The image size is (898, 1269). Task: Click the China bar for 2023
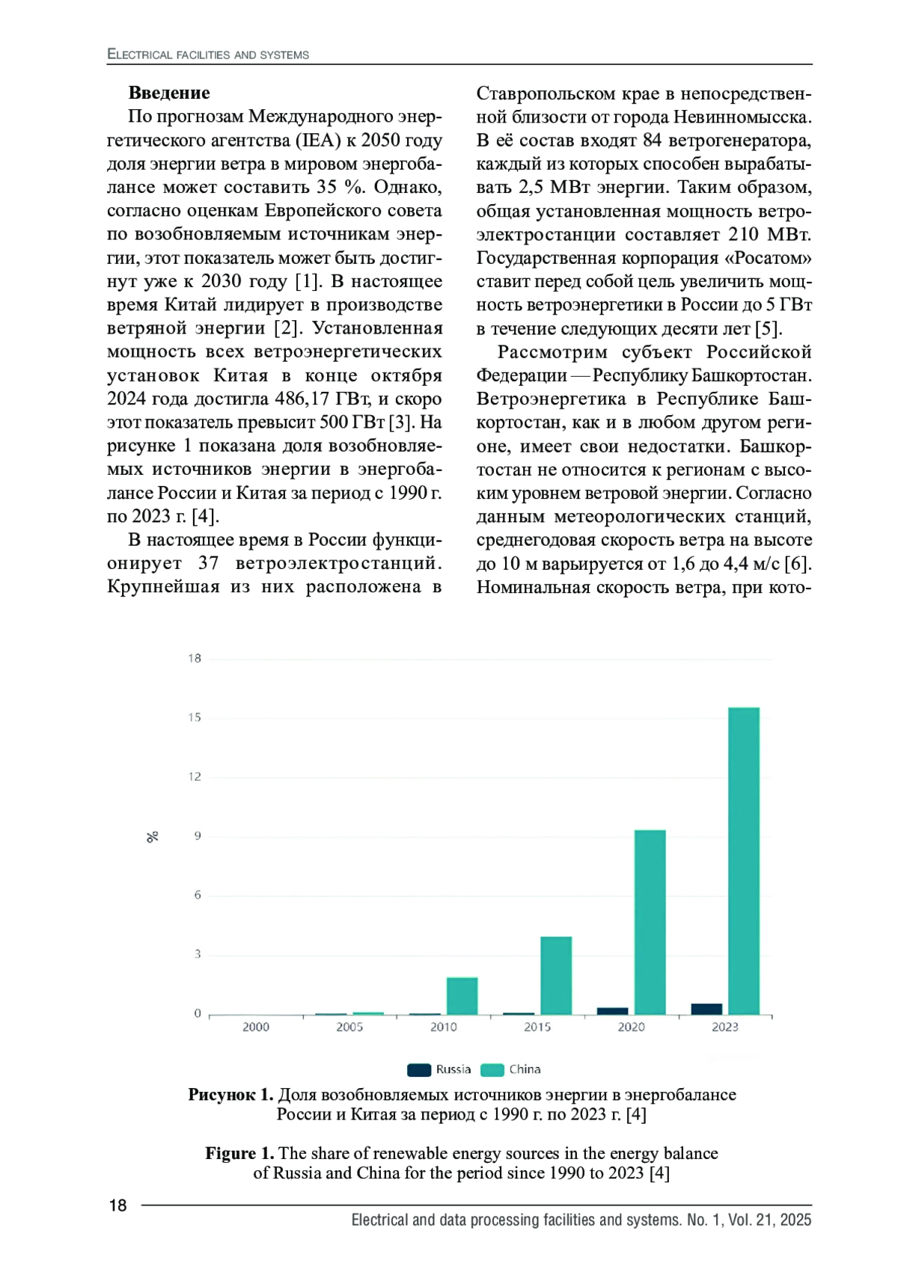click(743, 860)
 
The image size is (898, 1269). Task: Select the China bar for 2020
click(650, 921)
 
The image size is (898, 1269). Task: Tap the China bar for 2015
click(556, 975)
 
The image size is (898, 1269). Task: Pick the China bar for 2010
click(462, 995)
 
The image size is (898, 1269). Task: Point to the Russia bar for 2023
click(706, 1009)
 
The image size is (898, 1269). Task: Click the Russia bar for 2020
click(612, 1011)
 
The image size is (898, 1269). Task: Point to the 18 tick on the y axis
click(195, 659)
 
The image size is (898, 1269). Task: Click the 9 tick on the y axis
click(198, 836)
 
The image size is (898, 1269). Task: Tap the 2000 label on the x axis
click(256, 1027)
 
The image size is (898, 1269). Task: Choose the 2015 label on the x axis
click(537, 1027)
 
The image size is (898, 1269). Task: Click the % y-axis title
click(153, 837)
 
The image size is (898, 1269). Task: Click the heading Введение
click(169, 93)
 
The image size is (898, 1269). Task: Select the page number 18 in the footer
click(118, 1205)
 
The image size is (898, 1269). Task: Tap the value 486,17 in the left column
click(303, 399)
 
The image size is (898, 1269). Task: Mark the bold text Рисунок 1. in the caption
click(230, 1095)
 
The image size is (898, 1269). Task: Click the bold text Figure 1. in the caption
click(239, 1153)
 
